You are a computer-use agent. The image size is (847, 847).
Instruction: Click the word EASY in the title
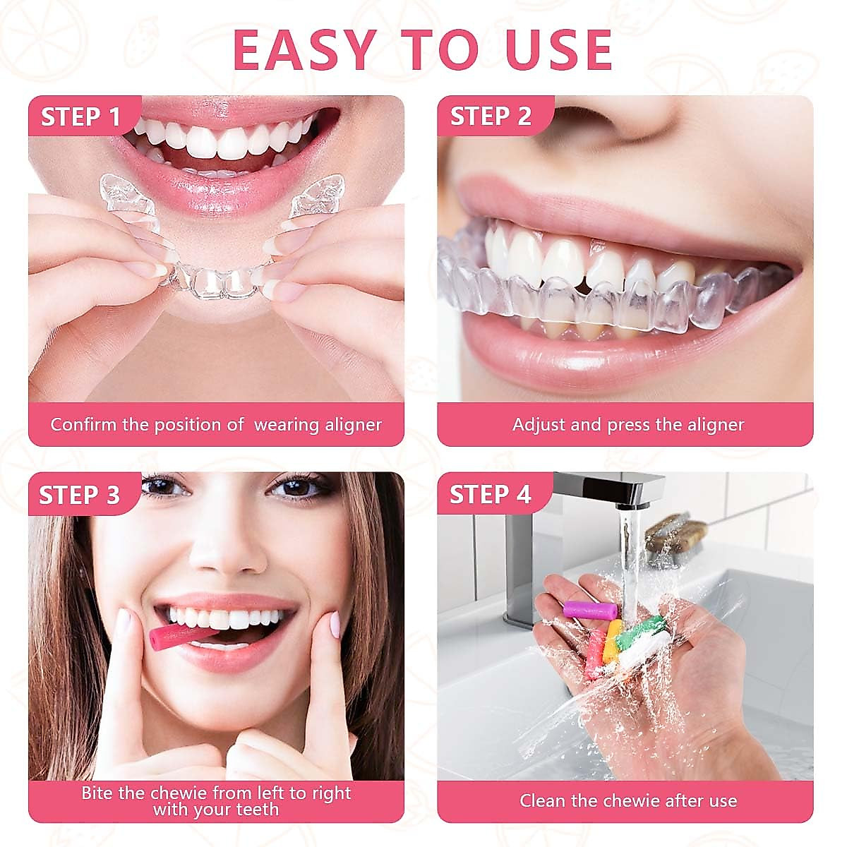click(x=303, y=49)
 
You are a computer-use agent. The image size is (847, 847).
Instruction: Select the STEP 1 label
click(x=81, y=116)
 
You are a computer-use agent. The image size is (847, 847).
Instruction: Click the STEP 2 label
click(x=491, y=116)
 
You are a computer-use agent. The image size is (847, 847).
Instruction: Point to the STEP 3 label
click(x=79, y=495)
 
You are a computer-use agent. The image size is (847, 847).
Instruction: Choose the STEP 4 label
click(x=490, y=495)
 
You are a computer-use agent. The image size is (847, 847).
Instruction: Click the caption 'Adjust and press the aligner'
click(x=628, y=425)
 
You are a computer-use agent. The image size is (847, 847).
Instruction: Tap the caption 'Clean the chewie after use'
click(x=628, y=801)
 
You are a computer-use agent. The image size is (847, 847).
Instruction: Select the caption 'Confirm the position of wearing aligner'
click(x=216, y=425)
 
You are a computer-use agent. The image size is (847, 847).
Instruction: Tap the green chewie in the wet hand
click(x=639, y=631)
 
